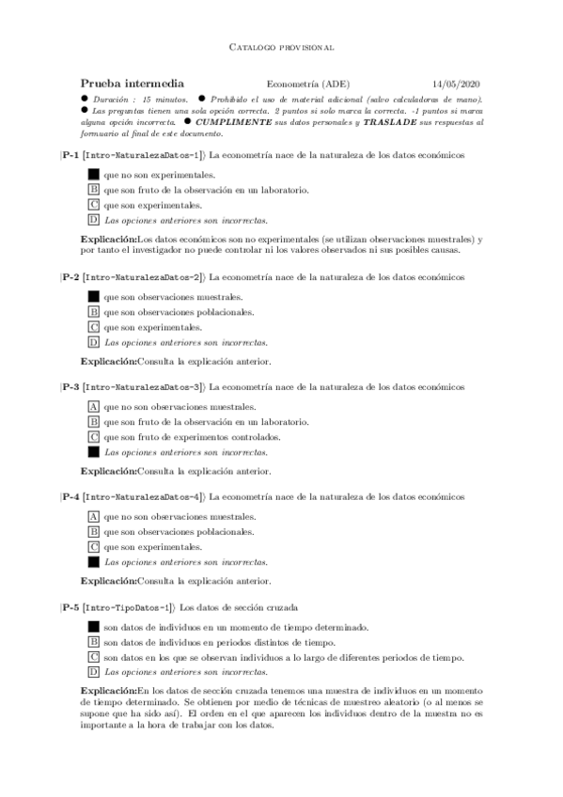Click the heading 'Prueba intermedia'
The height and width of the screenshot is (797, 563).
pos(132,83)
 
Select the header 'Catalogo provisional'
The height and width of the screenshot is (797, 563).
pos(281,46)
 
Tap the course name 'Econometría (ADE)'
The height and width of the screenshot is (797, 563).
pos(308,83)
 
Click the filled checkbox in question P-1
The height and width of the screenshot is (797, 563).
pos(93,174)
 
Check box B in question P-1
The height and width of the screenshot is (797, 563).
pos(93,189)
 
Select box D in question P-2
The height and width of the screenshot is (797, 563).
pos(93,343)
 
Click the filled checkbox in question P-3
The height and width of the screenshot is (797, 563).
pos(93,452)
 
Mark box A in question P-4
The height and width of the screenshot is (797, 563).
pos(93,516)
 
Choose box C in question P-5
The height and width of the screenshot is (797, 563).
pos(93,657)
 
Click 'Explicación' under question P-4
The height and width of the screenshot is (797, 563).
pos(108,581)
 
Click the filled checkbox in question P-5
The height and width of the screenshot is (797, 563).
pos(93,627)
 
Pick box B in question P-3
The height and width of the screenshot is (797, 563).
pos(93,422)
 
